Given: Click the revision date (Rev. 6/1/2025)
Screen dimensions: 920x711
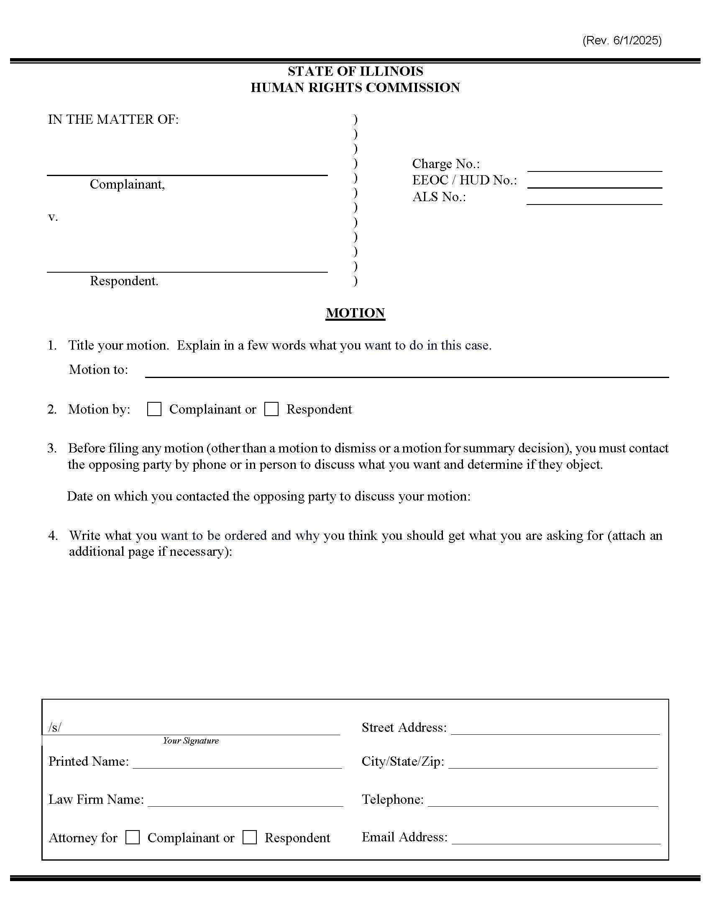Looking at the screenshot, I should coord(621,41).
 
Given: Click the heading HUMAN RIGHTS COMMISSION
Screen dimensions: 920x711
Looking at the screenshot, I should coord(355,88).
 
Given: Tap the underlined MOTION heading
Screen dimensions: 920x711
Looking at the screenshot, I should coord(355,313).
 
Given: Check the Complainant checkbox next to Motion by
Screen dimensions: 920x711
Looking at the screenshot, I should coord(154,409).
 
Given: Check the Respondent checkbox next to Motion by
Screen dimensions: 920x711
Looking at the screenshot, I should coord(271,409).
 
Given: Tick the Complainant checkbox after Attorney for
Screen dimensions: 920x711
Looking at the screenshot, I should coord(133,837).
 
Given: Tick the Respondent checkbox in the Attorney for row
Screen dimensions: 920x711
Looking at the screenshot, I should coord(250,837).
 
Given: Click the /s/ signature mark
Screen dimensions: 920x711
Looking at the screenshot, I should coord(55,727).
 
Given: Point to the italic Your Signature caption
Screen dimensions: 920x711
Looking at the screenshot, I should coord(191,741).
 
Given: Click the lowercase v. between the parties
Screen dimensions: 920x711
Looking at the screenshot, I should coord(53,217).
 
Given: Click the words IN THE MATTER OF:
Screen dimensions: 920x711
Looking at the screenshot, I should coord(113,120).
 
